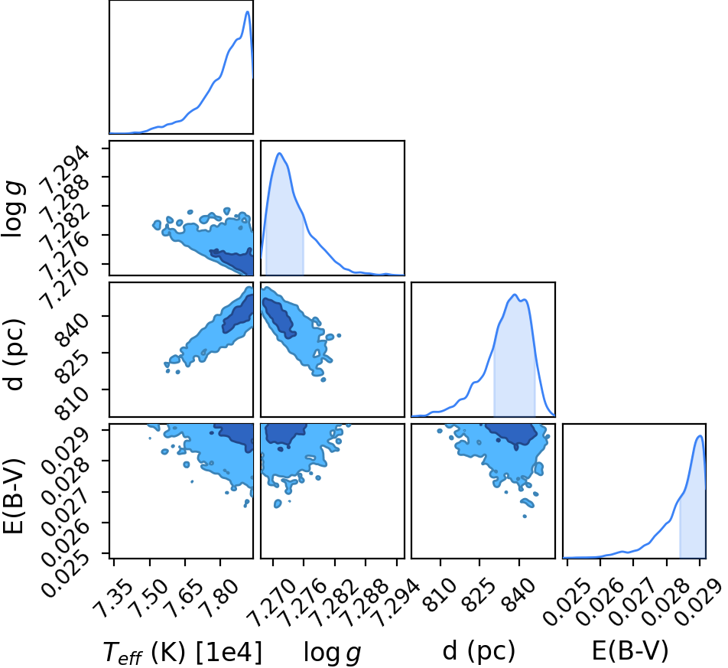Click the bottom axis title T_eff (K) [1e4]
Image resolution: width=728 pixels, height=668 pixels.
coord(183,652)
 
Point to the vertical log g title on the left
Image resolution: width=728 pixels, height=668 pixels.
coord(14,210)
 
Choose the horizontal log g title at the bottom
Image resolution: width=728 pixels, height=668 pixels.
coord(333,653)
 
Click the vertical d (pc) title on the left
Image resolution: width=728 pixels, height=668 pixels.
coord(14,354)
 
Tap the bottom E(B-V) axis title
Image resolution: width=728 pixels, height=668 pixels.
coord(630,651)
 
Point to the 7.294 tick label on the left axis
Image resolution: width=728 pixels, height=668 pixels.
coord(65,169)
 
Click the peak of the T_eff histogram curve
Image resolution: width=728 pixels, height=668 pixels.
coord(248,11)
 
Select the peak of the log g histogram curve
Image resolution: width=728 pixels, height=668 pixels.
coord(280,153)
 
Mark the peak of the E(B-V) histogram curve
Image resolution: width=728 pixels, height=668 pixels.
coord(700,435)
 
